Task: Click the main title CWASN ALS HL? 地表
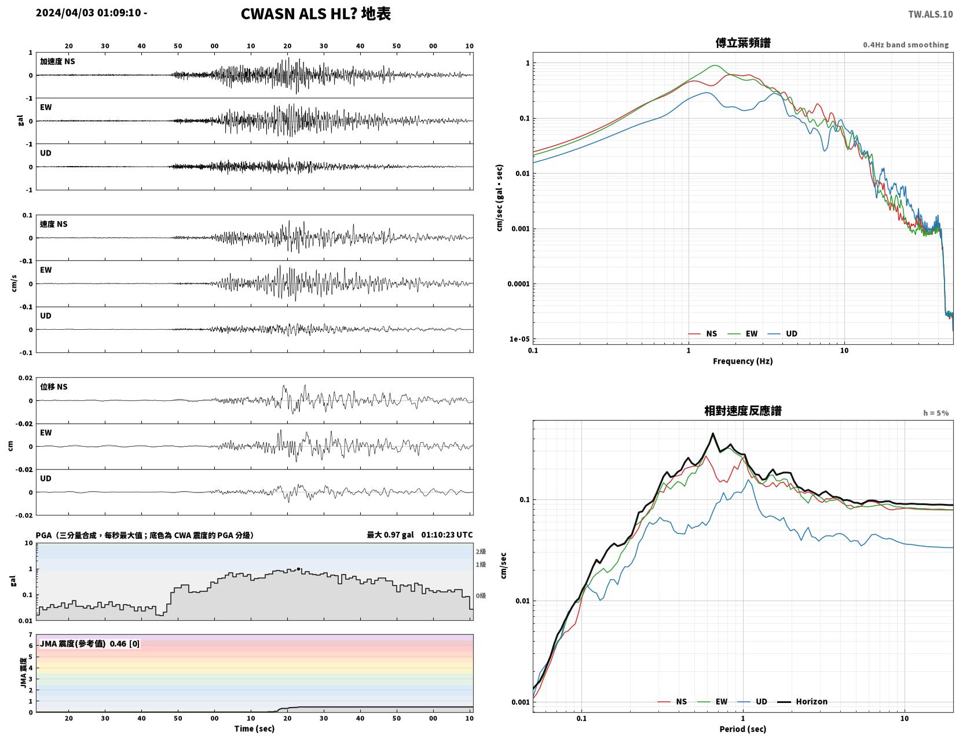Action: (316, 14)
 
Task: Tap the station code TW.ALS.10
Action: (930, 14)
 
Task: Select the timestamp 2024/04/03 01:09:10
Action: (88, 12)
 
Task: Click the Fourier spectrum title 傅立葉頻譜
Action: (743, 43)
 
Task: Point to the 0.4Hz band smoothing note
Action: (906, 45)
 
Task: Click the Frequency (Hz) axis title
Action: (743, 361)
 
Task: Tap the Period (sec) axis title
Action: (743, 728)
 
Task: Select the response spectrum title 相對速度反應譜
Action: (743, 411)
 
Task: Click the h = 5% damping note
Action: (936, 413)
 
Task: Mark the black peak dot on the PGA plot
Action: (298, 569)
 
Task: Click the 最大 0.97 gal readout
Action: (390, 535)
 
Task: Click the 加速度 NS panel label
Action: (57, 61)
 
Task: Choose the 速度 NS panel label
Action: (54, 224)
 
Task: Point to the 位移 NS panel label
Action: (54, 386)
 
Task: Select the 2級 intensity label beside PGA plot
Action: (481, 551)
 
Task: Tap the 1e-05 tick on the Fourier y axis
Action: (519, 339)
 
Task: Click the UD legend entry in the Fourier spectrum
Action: (782, 334)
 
